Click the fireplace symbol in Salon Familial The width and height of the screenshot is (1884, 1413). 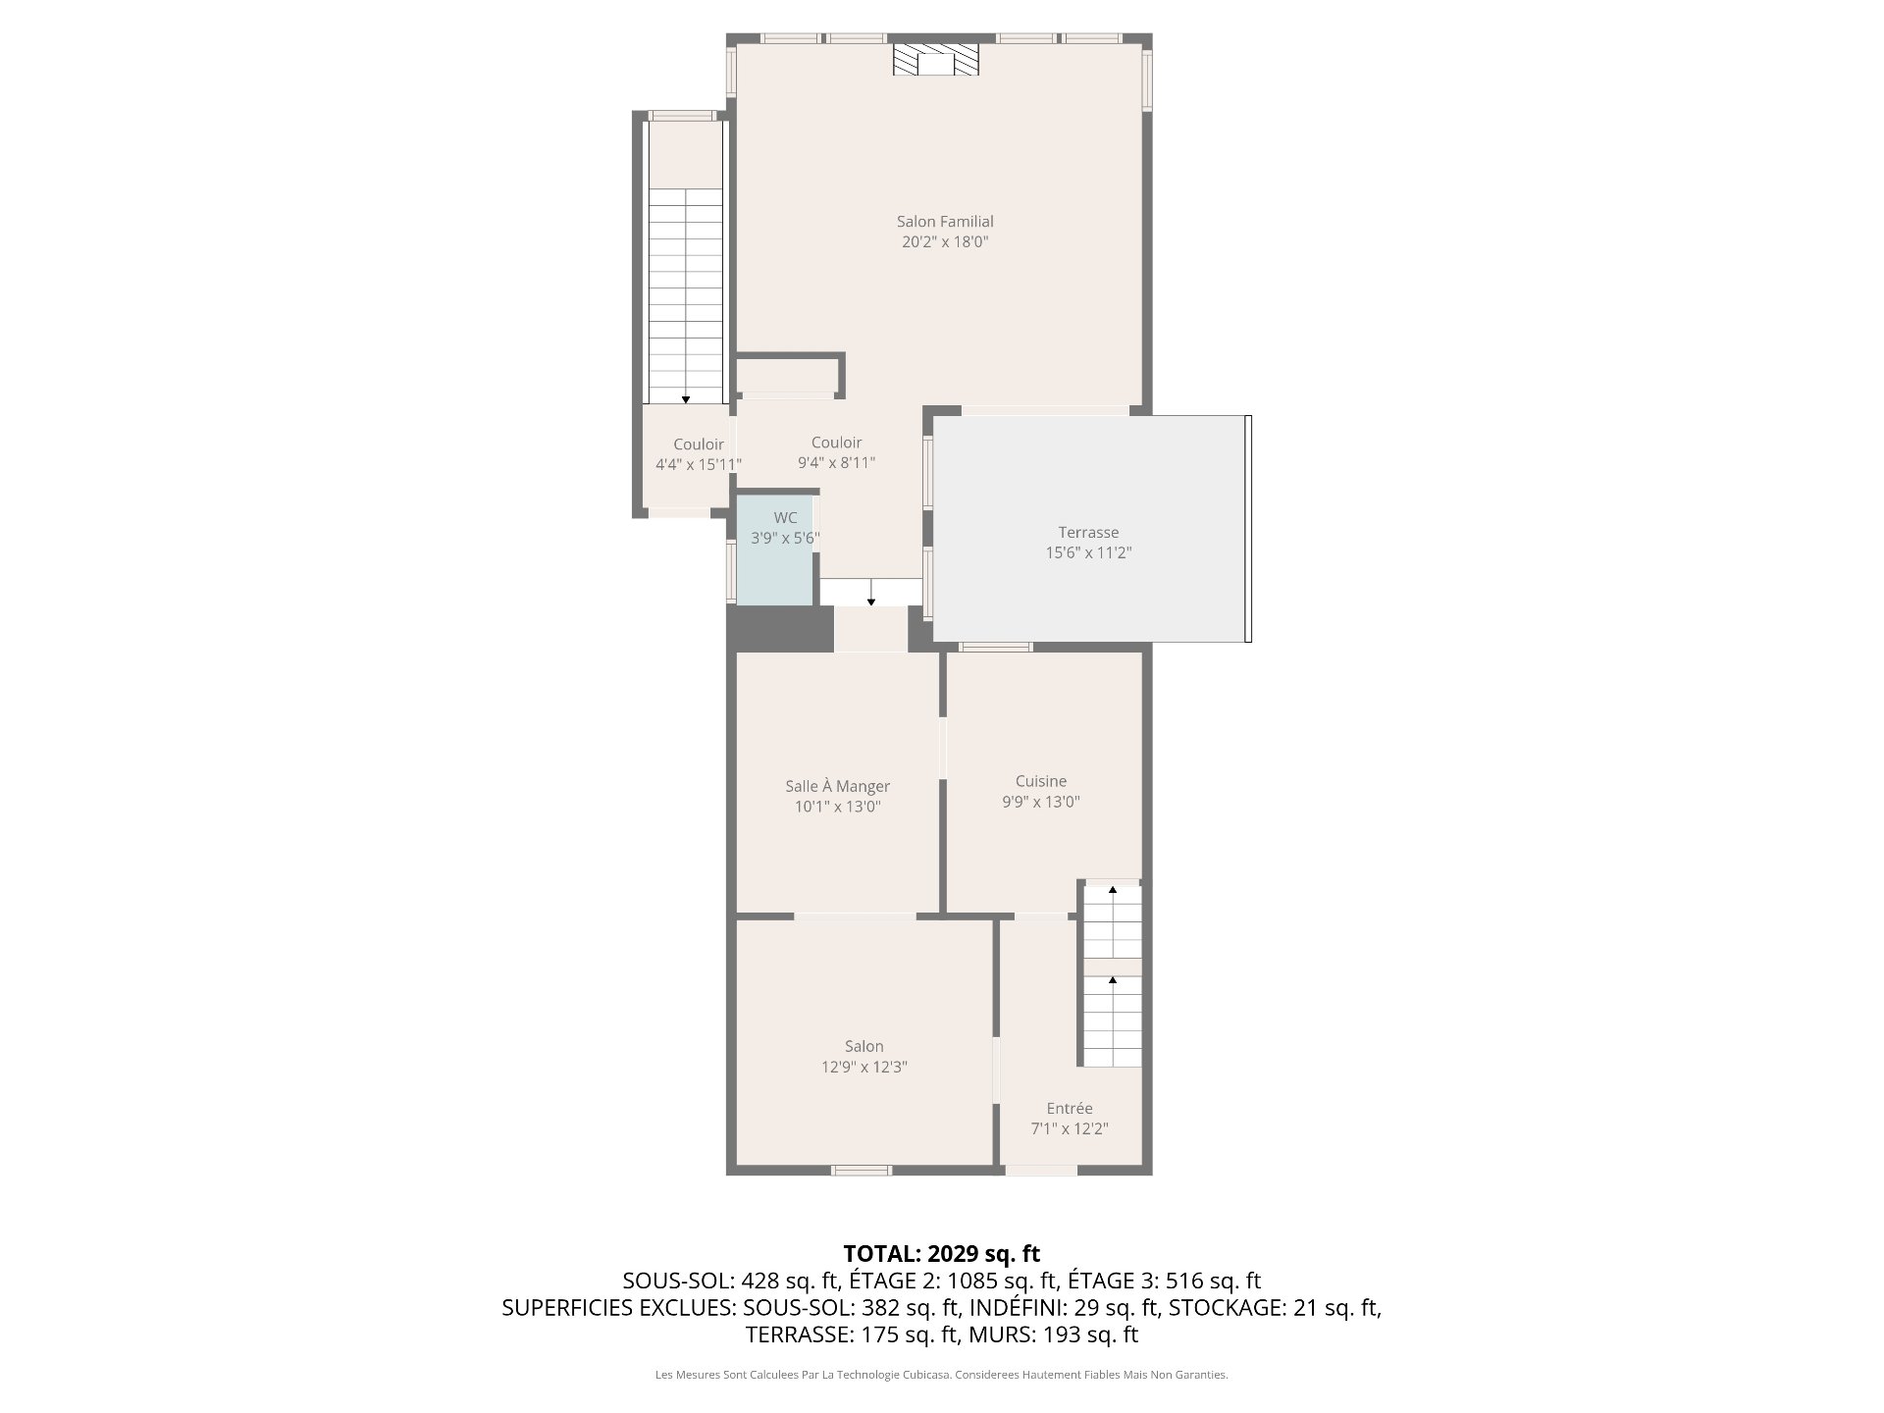(x=936, y=60)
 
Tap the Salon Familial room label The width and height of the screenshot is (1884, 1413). (x=945, y=222)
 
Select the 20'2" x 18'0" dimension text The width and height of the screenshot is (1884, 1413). (x=945, y=242)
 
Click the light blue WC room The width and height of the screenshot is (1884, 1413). (x=775, y=550)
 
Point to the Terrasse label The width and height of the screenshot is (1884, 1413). (x=1088, y=533)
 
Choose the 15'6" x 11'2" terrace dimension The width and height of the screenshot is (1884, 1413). (x=1088, y=553)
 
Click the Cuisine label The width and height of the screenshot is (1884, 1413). (x=1041, y=781)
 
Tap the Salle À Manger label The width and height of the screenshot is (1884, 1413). (x=838, y=786)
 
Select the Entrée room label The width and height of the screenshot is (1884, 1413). (x=1070, y=1108)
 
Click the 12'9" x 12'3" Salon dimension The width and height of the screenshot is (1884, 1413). (x=864, y=1068)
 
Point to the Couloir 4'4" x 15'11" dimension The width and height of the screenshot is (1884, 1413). (x=699, y=465)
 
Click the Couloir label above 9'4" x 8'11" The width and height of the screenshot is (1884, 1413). (x=837, y=443)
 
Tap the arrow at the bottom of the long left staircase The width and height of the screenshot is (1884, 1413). (x=685, y=399)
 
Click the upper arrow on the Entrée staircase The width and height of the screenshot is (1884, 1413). (x=1113, y=890)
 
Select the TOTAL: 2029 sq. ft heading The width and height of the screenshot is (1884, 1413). (x=942, y=1253)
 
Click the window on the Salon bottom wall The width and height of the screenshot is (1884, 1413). (x=862, y=1170)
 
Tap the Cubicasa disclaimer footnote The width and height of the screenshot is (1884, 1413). (x=942, y=1375)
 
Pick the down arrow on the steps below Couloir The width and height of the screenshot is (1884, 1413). (x=871, y=602)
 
